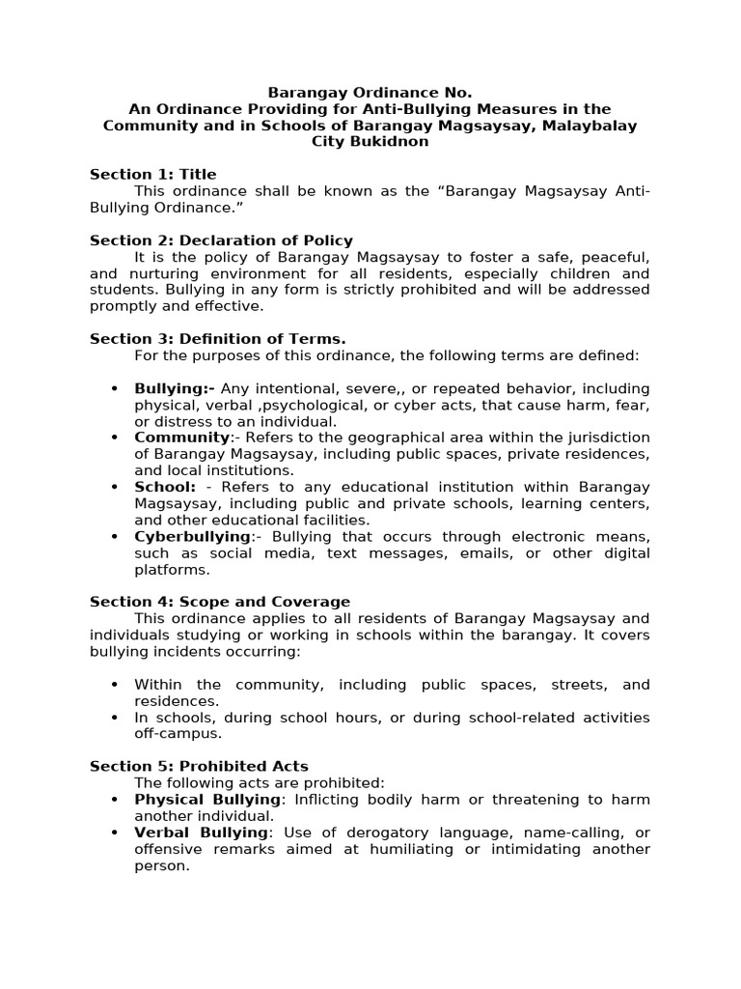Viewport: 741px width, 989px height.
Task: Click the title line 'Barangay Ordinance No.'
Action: (370, 93)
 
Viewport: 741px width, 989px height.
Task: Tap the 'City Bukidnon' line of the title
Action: (370, 142)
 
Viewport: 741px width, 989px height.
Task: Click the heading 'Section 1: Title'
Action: (152, 175)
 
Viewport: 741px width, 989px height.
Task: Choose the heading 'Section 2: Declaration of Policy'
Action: (221, 240)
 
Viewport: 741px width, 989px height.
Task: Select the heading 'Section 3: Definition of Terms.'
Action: (217, 339)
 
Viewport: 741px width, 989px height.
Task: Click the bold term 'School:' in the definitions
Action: (165, 487)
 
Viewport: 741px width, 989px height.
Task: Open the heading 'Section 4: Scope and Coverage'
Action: (220, 602)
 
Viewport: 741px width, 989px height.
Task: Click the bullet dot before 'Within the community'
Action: (115, 685)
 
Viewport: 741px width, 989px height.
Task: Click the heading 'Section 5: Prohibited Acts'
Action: (199, 766)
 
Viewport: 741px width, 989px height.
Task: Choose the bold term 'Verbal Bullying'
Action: (201, 833)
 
